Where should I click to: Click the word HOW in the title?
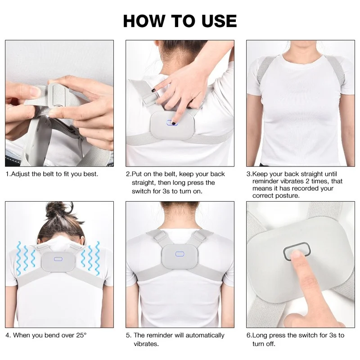(144, 21)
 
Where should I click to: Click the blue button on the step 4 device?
(58, 259)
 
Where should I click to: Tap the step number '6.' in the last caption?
(249, 335)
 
